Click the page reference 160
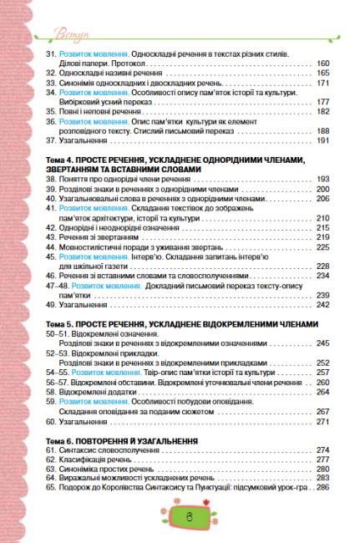click(323, 63)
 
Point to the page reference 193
click(323, 156)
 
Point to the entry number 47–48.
click(58, 287)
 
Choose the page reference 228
click(323, 266)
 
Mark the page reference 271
click(323, 423)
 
